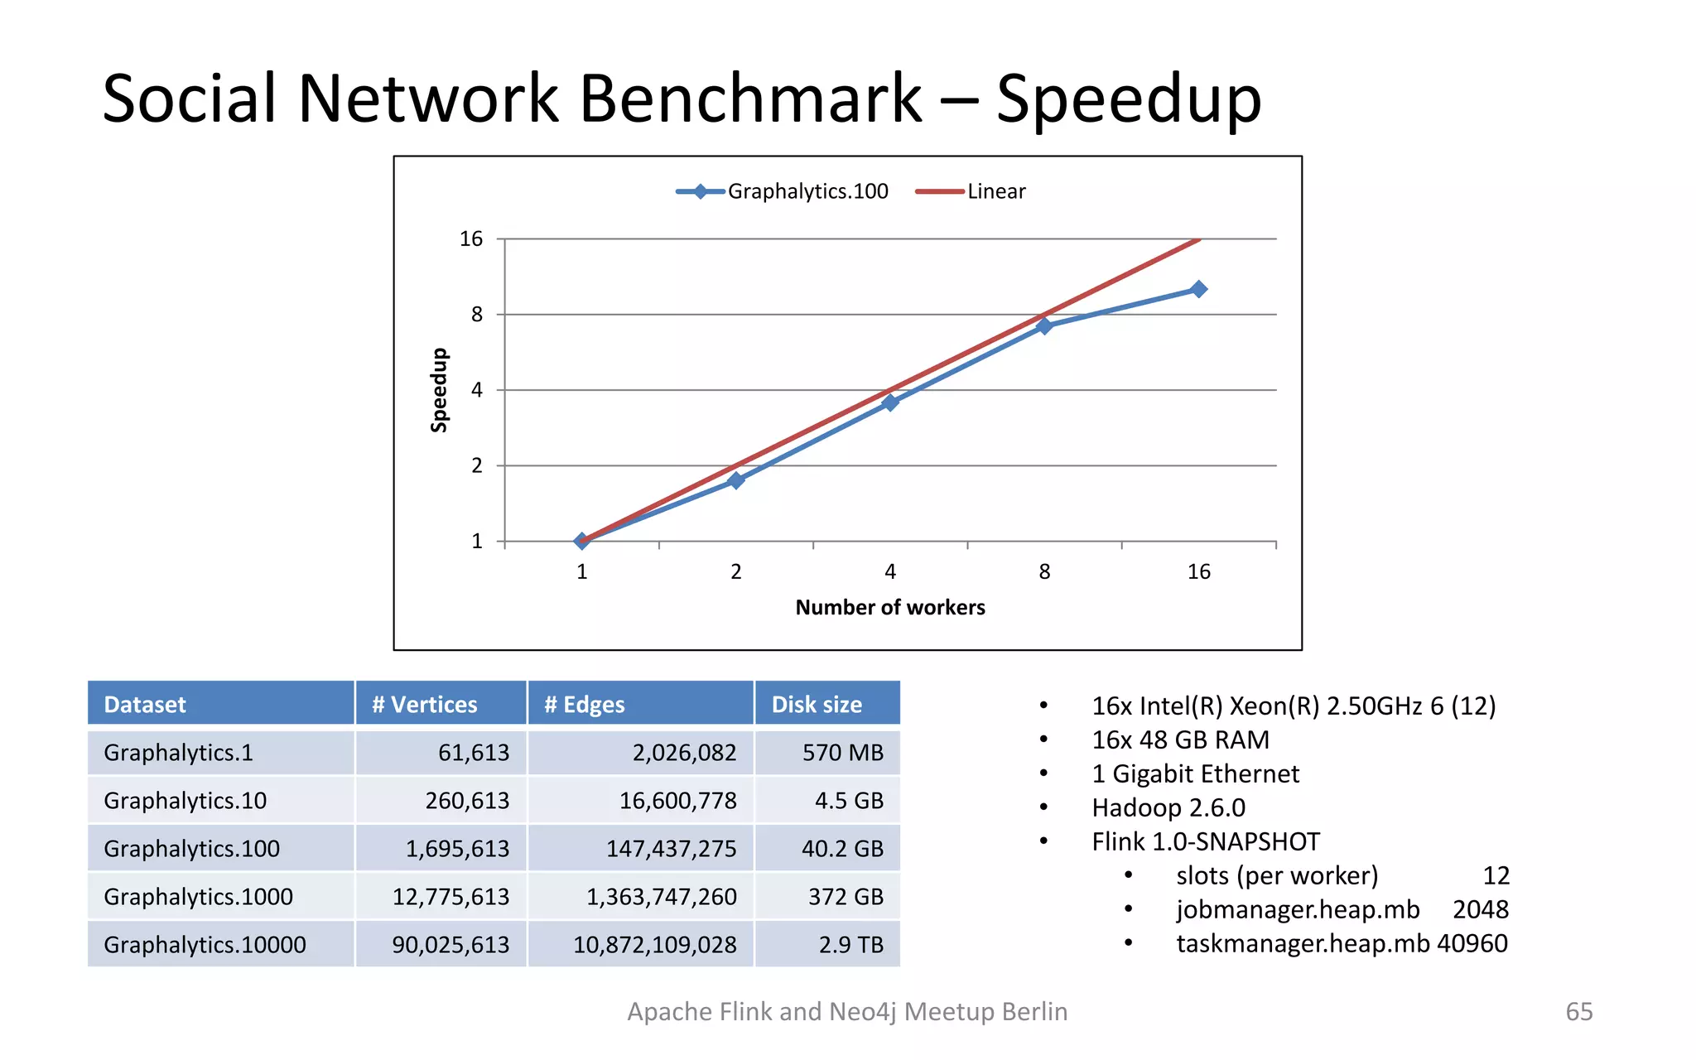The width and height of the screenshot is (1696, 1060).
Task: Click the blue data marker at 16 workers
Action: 1198,289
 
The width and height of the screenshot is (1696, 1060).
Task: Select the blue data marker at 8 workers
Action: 1044,325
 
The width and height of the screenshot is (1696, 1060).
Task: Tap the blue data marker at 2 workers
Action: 735,480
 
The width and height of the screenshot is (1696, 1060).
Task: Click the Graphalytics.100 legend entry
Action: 783,191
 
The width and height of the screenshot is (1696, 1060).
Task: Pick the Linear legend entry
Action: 971,191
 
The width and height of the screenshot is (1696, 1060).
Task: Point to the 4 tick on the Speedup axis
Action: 477,390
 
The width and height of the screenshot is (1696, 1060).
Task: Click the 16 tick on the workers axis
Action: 1198,571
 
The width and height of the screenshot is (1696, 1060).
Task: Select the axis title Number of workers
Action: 890,607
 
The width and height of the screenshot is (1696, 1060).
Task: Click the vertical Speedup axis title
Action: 439,390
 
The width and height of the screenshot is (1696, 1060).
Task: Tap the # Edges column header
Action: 585,704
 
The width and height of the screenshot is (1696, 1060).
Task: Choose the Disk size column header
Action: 817,704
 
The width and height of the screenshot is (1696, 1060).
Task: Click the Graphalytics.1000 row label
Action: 199,897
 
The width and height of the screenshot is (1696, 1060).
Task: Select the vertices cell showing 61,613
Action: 474,752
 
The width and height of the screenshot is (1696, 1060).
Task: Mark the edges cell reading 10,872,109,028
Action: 654,945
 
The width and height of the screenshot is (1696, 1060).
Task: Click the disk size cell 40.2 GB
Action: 842,849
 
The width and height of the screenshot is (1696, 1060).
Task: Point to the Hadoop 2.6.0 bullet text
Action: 1168,807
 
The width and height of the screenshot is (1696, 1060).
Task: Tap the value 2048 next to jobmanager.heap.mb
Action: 1480,909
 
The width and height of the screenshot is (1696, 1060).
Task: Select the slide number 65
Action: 1579,1011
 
